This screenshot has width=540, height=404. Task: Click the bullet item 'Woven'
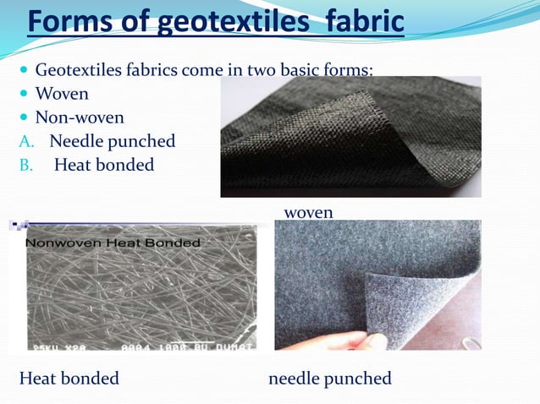pyautogui.click(x=61, y=93)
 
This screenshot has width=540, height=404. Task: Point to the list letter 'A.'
pyautogui.click(x=29, y=141)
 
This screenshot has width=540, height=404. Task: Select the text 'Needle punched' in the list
pyautogui.click(x=112, y=141)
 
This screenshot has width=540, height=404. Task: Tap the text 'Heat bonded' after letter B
pyautogui.click(x=103, y=165)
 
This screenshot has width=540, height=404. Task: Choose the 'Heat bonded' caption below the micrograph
pyautogui.click(x=69, y=378)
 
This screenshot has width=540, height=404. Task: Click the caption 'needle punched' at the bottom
pyautogui.click(x=329, y=378)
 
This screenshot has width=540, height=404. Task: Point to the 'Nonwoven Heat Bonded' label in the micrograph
pyautogui.click(x=112, y=243)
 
